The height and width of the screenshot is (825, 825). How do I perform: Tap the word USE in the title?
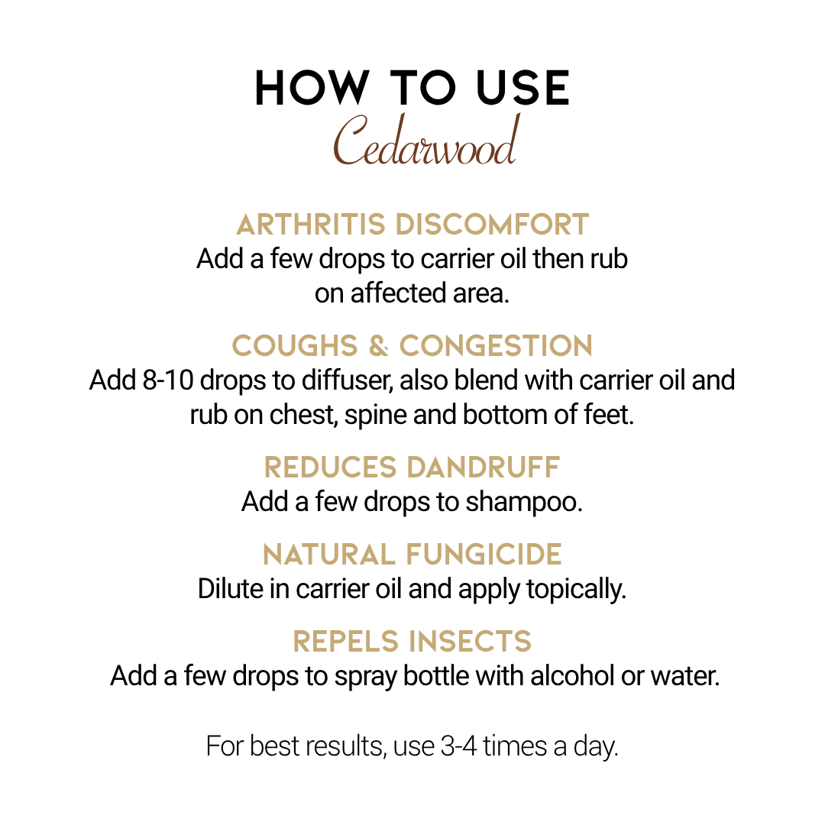pos(522,88)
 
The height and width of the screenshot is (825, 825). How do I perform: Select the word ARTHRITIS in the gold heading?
pos(311,225)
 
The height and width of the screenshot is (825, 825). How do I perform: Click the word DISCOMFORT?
pos(492,225)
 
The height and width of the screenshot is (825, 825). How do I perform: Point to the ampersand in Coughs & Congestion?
pos(379,346)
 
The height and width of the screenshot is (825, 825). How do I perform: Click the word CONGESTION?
pos(497,346)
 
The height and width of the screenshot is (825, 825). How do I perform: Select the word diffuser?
pos(347,380)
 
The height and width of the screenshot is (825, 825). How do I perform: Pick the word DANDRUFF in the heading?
pos(484,467)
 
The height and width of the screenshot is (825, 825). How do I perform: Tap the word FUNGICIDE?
pos(484,555)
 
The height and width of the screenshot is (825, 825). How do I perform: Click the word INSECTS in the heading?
pos(471,642)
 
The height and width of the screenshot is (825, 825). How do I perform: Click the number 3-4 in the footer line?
pos(459,746)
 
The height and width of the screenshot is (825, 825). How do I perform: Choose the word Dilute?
pos(231,589)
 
